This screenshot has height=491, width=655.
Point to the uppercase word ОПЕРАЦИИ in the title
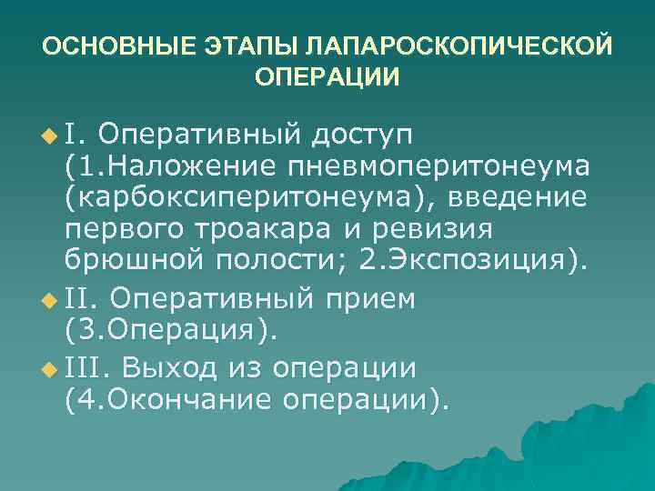327,76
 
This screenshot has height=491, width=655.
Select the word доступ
364,134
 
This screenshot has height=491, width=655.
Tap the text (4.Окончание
165,400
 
